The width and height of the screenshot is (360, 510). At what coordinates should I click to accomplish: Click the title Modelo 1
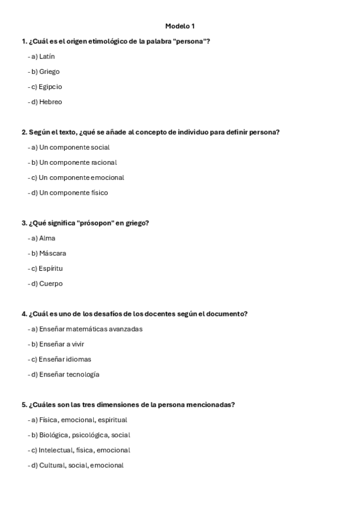pos(180,26)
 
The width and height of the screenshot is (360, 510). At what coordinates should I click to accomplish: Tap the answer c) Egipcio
pos(46,87)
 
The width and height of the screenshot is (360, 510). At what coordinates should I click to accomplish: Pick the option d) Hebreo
pos(46,102)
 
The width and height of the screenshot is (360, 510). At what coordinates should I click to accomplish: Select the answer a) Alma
pos(42,238)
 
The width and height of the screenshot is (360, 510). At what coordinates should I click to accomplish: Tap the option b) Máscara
pos(47,253)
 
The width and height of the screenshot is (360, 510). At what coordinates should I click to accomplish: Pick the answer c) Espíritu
pos(46,268)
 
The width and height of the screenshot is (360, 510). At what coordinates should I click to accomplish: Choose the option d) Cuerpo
pos(46,283)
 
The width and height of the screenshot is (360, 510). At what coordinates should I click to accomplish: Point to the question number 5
pos(24,404)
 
